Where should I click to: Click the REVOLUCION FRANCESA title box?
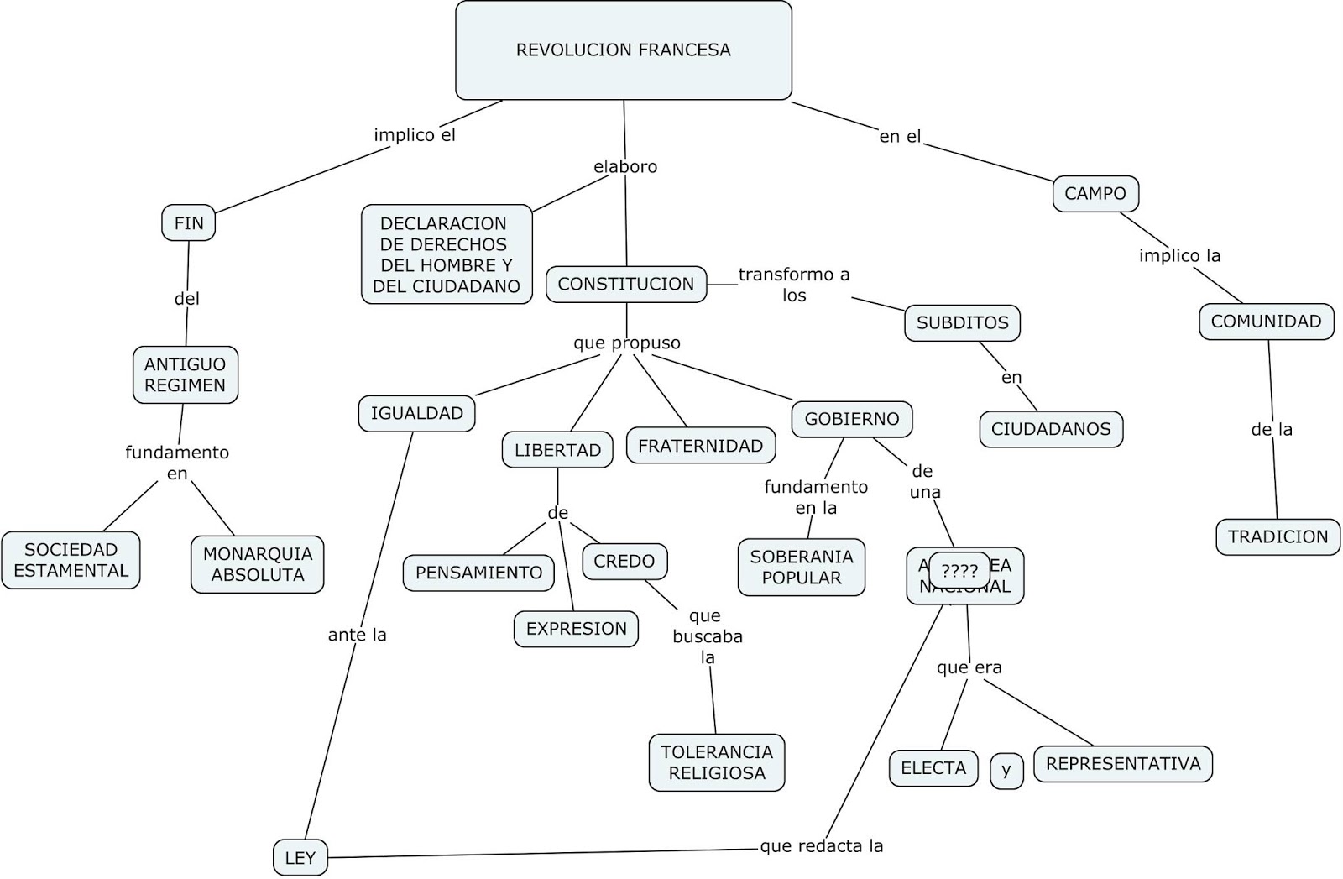(623, 50)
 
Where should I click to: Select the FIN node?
(189, 223)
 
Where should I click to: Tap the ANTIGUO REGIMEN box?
(185, 374)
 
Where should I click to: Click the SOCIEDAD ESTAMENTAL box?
(71, 560)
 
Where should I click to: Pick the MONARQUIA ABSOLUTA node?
(257, 564)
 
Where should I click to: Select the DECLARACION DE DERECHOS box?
(447, 254)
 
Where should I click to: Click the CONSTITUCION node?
(625, 284)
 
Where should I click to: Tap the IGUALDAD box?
(416, 413)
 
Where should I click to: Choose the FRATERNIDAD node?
(700, 446)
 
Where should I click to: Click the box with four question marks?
(959, 571)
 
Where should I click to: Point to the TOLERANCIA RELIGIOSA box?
(716, 762)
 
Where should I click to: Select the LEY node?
(300, 858)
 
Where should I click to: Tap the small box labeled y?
(1006, 770)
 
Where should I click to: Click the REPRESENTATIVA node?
(1122, 763)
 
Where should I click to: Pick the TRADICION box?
(1278, 536)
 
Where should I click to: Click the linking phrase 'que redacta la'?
(821, 846)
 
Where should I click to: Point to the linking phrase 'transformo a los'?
(793, 285)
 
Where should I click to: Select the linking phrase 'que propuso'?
(626, 343)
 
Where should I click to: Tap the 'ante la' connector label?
(357, 635)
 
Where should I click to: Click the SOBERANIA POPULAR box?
(801, 567)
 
